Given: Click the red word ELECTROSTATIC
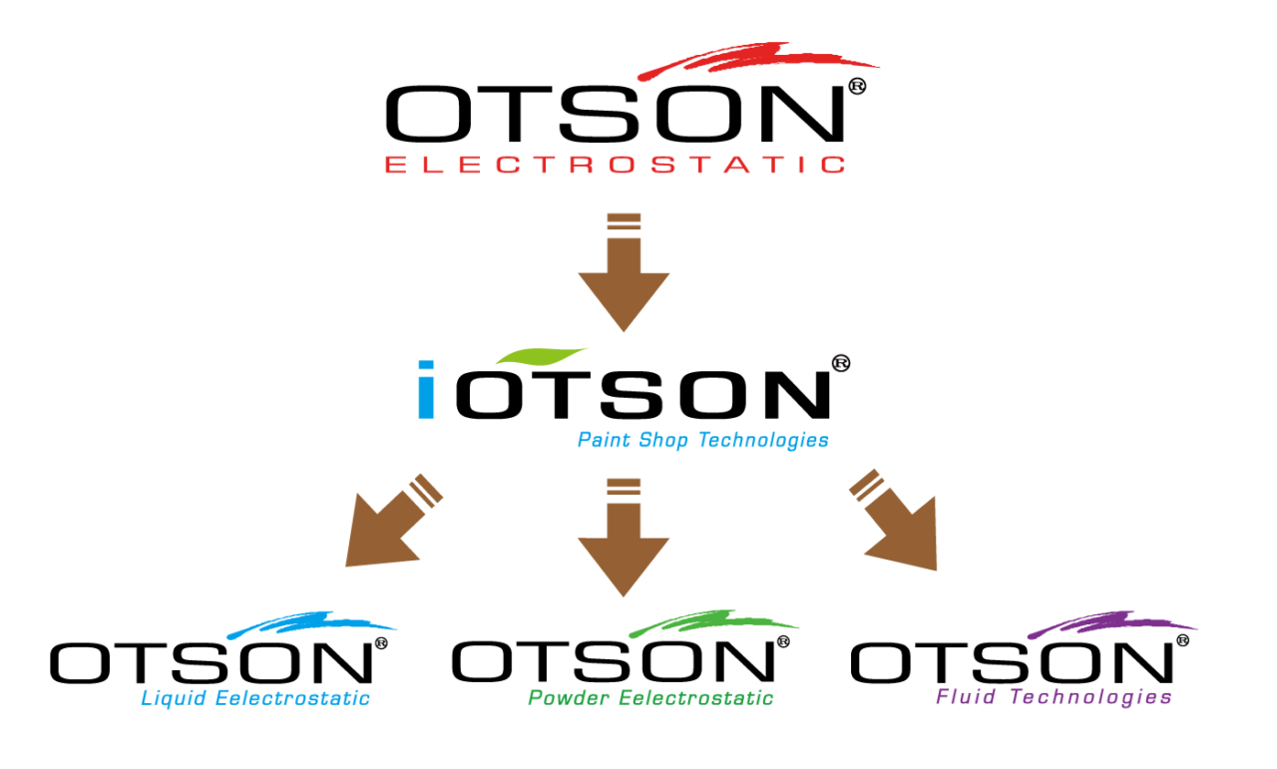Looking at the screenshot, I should (x=616, y=165).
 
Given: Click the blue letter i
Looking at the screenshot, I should (x=426, y=390).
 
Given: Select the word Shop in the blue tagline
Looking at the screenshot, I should (x=664, y=440).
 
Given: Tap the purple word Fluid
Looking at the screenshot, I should (x=966, y=696).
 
